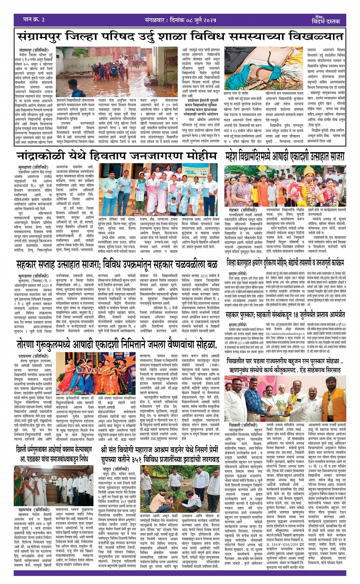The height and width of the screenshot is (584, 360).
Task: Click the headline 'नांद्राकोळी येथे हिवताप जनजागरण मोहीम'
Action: click(x=116, y=156)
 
